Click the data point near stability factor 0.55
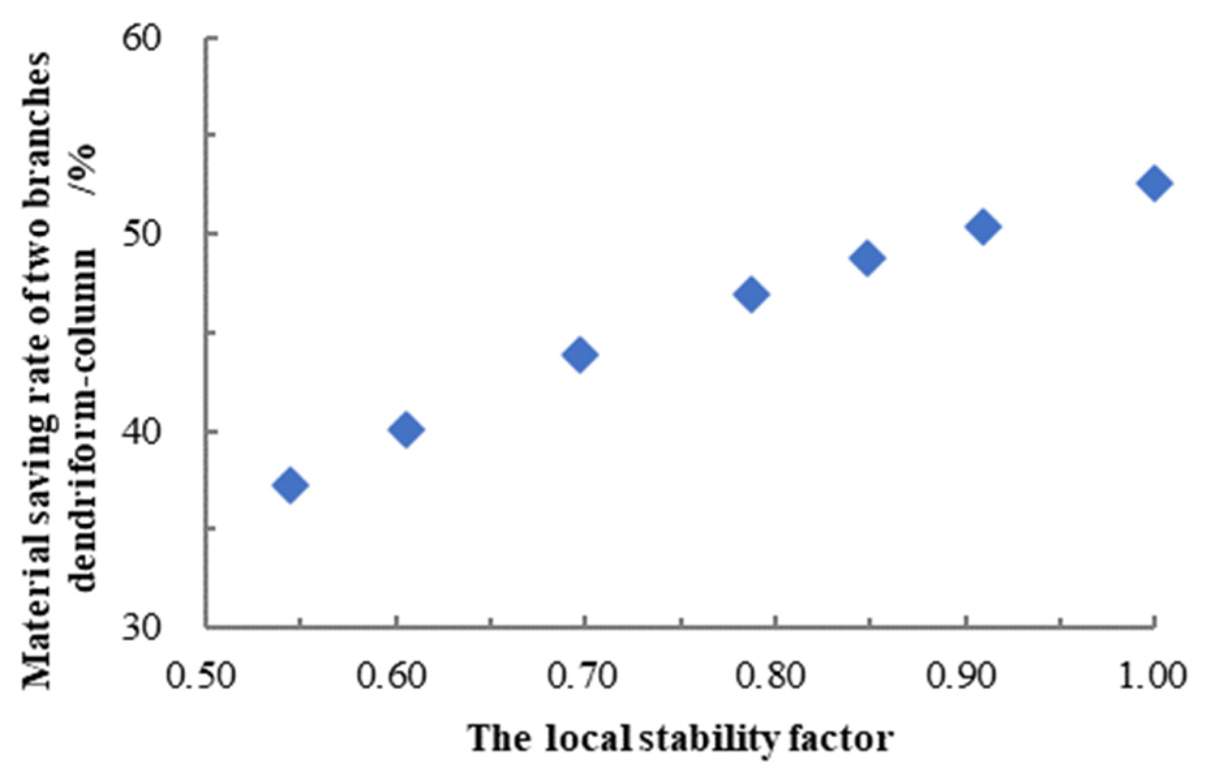click(x=291, y=484)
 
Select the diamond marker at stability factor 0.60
click(x=406, y=429)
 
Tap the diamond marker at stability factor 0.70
click(x=580, y=355)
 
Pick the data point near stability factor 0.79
click(x=751, y=294)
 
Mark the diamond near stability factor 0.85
click(x=867, y=258)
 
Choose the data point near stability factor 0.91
click(x=983, y=226)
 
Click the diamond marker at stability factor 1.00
click(x=1154, y=183)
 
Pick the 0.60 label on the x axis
click(x=391, y=676)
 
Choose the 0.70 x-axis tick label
click(x=582, y=676)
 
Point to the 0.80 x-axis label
click(x=771, y=676)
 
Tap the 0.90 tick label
click(x=962, y=676)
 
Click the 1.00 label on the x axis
click(x=1151, y=676)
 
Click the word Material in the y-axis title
click(x=37, y=625)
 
